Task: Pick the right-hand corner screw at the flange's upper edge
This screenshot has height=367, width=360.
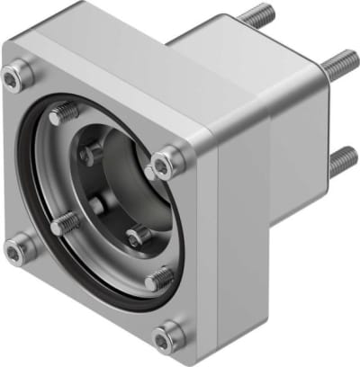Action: click(166, 164)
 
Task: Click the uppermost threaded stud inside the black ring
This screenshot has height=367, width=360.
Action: click(63, 114)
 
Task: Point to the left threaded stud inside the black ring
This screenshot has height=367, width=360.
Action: click(64, 224)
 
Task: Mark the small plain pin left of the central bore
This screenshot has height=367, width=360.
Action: click(98, 204)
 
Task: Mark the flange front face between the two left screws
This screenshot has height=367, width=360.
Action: click(16, 162)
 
